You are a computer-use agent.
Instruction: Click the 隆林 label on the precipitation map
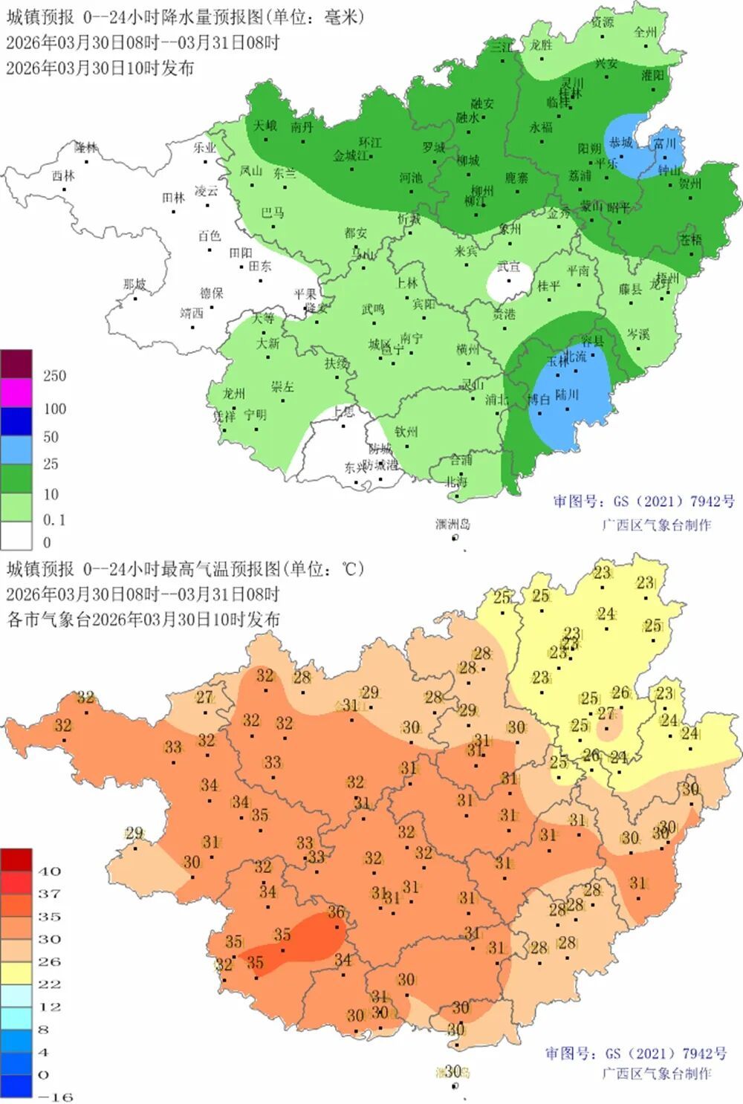point(86,147)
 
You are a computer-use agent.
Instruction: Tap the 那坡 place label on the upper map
point(134,285)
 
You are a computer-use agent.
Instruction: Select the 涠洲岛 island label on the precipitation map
point(452,525)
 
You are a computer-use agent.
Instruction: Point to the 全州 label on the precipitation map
point(645,32)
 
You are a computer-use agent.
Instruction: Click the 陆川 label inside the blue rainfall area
point(566,394)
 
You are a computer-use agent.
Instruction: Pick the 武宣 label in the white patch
point(509,267)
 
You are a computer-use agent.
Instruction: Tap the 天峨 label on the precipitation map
point(265,126)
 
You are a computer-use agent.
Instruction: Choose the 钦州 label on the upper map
point(406,431)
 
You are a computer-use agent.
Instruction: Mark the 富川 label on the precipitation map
point(664,143)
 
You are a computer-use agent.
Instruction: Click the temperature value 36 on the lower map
point(336,912)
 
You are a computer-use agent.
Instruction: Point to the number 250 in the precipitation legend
point(54,376)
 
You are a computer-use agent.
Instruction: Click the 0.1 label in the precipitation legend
point(54,520)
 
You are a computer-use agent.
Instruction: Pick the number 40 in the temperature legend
point(49,871)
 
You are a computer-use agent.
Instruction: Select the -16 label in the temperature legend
point(54,1097)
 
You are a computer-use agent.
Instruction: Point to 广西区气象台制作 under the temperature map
point(656,1074)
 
